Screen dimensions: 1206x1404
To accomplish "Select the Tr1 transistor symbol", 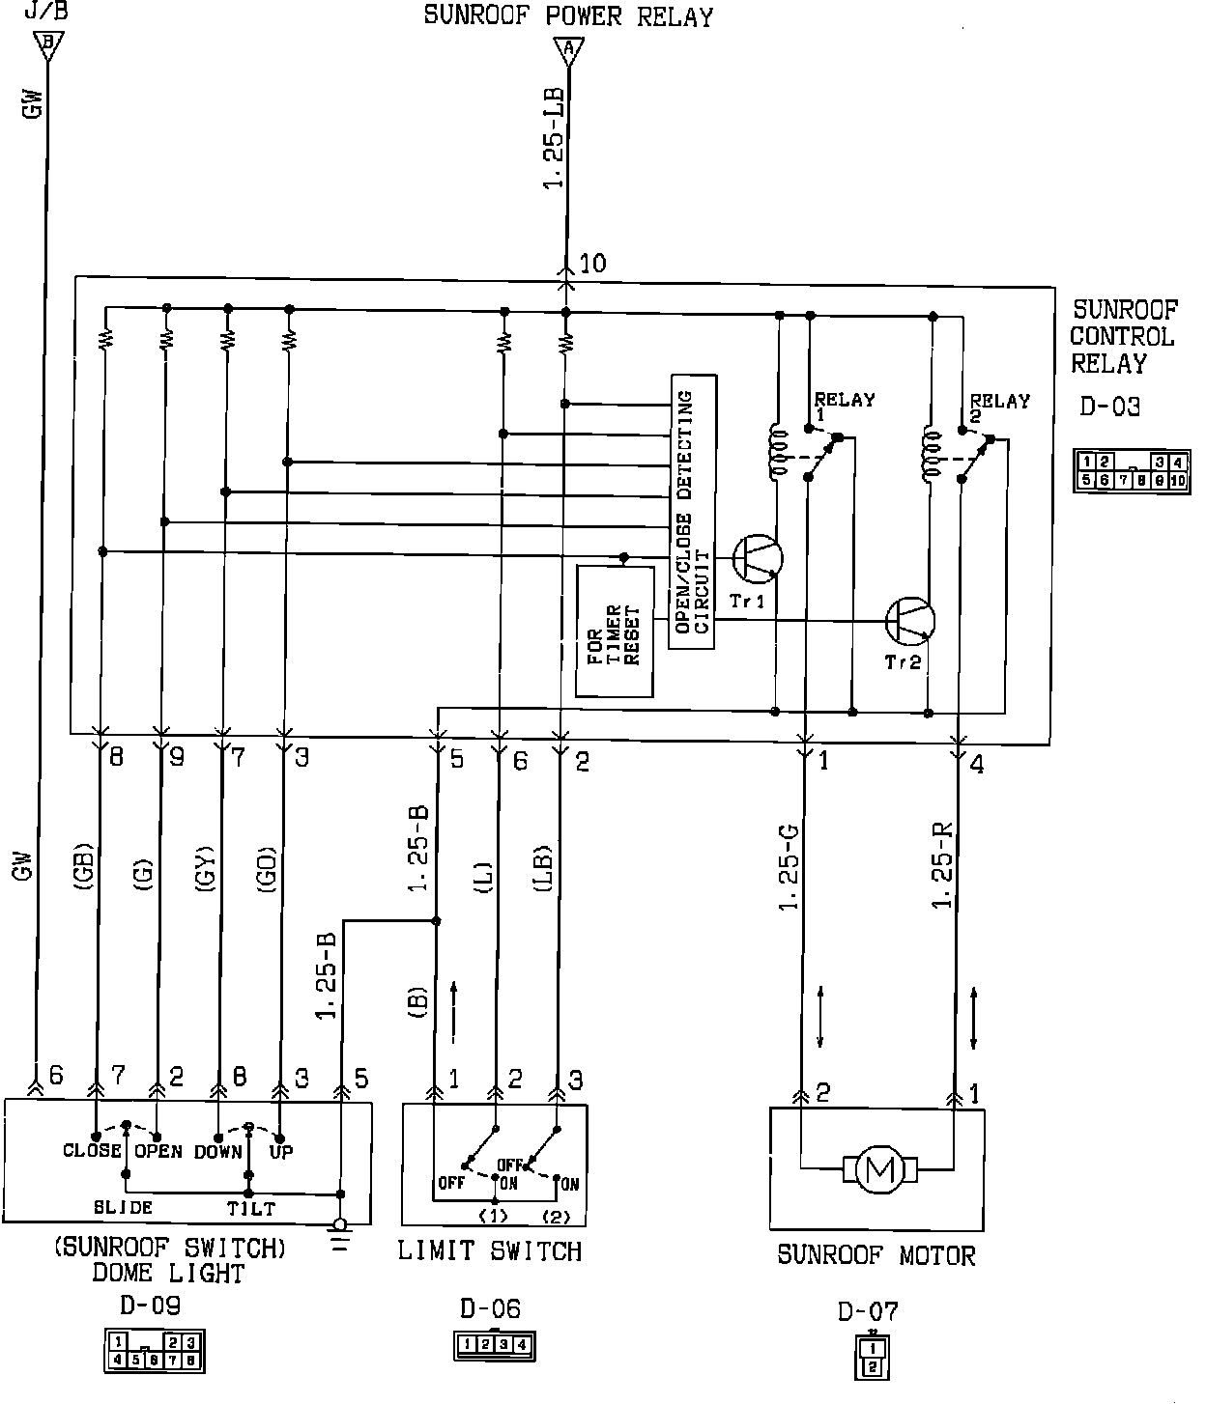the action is point(757,558).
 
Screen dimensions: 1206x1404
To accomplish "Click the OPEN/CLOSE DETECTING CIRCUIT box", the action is point(693,512).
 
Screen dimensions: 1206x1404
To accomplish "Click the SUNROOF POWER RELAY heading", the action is point(568,16).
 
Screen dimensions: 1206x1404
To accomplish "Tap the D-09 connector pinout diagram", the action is point(154,1350).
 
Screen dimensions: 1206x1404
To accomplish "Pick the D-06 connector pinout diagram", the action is point(494,1344).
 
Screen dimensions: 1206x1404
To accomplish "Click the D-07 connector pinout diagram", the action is point(872,1357).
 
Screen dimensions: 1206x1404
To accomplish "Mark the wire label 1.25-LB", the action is point(556,140).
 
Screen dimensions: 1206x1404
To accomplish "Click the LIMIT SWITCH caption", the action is point(490,1251).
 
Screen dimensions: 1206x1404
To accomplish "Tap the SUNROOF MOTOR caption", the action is point(876,1255).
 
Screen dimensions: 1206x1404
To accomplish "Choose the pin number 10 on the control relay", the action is point(593,263).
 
